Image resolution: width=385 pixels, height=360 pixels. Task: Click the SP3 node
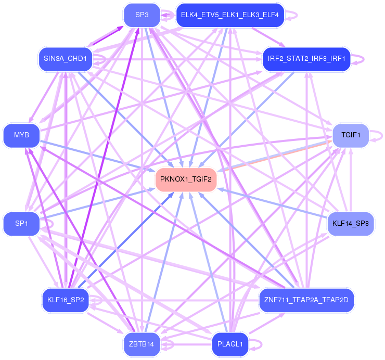(x=142, y=15)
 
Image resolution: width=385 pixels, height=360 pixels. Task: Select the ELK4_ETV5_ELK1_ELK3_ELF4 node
(x=229, y=15)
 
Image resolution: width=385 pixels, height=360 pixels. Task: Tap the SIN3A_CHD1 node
(x=65, y=58)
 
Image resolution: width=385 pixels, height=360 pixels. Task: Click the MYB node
(x=21, y=135)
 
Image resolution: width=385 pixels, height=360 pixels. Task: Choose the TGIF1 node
(x=351, y=135)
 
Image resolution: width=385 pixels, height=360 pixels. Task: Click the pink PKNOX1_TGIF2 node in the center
(x=186, y=179)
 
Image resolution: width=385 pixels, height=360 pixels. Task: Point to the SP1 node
(x=21, y=223)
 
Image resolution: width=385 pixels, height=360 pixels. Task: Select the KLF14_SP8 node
(x=351, y=224)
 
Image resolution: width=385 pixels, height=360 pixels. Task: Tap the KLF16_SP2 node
(x=65, y=300)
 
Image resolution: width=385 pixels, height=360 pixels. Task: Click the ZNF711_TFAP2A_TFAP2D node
(x=306, y=300)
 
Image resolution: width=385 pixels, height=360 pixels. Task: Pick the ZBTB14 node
(x=142, y=344)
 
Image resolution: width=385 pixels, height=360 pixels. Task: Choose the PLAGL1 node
(x=230, y=344)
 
